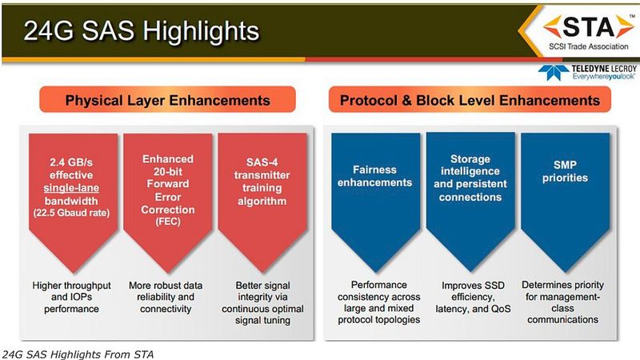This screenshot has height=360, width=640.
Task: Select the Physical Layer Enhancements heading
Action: click(167, 102)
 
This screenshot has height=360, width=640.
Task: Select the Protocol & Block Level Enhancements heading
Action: click(470, 102)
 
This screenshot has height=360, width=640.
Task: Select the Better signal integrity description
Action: click(261, 303)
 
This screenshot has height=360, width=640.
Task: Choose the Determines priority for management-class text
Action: click(564, 303)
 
